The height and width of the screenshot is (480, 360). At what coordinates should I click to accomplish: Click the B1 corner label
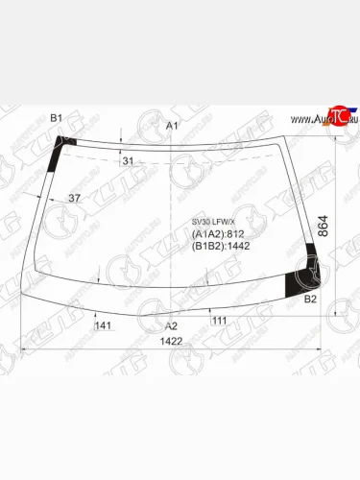click(x=56, y=118)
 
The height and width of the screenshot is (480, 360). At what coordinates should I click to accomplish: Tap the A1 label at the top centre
click(x=172, y=127)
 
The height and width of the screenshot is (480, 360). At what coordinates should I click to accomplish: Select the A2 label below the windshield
click(x=172, y=326)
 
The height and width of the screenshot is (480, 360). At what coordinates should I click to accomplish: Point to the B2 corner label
click(x=310, y=300)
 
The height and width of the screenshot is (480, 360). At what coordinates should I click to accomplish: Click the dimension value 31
click(x=129, y=160)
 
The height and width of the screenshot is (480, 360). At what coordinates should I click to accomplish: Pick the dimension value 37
click(x=75, y=198)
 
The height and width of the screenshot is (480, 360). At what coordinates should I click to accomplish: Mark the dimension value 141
click(x=104, y=326)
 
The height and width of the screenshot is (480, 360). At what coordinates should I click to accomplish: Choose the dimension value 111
click(x=219, y=320)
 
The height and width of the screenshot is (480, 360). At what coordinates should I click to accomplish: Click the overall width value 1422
click(x=173, y=342)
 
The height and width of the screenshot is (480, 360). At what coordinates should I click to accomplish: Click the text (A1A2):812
click(x=219, y=233)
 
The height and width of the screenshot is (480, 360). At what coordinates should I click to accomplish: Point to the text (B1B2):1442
click(x=222, y=246)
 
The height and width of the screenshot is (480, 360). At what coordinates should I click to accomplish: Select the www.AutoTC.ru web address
click(x=325, y=119)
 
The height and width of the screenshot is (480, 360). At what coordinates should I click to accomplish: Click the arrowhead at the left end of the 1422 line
click(x=23, y=348)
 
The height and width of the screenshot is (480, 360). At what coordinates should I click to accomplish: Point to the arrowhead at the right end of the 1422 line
click(x=322, y=348)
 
